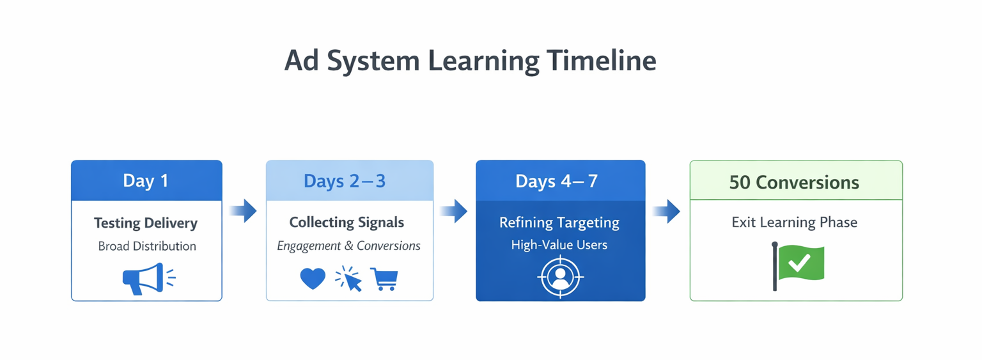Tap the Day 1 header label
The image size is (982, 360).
pos(146,181)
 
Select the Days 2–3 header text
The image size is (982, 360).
pos(345,181)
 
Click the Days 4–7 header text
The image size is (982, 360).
pos(557,181)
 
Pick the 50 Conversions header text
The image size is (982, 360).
pos(794,182)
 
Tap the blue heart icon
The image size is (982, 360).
pos(313,279)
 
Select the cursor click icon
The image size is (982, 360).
pos(348,279)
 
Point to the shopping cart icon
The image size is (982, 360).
pos(384,279)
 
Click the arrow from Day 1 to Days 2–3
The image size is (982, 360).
pos(244,210)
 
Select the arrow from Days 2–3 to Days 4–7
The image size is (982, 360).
pos(454,211)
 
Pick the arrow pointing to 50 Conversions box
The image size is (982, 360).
pos(667,211)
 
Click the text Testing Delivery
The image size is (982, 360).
pos(146,223)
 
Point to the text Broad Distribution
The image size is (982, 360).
pos(147,246)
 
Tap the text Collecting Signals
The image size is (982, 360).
pos(347,223)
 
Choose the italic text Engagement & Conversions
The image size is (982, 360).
pos(348,246)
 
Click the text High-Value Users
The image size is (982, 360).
pos(559,245)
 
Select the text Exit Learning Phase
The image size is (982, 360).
pos(795,223)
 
